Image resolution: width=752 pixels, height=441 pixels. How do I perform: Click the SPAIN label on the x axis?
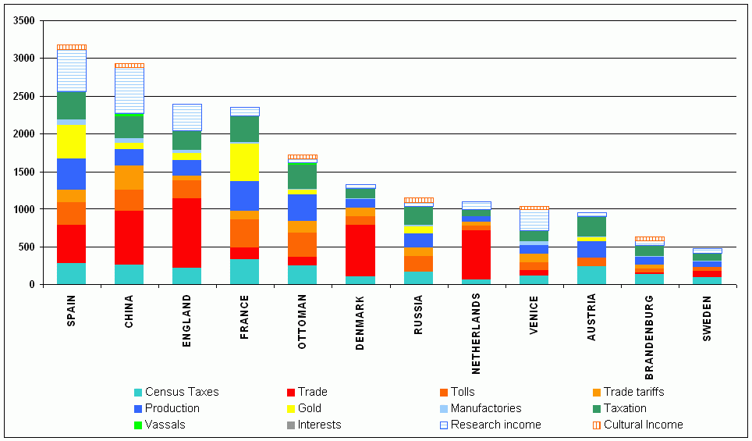pyautogui.click(x=72, y=311)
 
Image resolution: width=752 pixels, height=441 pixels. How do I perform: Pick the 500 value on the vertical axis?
pyautogui.click(x=30, y=247)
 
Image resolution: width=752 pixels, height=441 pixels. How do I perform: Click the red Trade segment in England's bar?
pyautogui.click(x=187, y=233)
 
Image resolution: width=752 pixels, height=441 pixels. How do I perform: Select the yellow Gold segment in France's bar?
pyautogui.click(x=245, y=162)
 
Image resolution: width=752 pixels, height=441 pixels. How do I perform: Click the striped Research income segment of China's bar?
pyautogui.click(x=129, y=91)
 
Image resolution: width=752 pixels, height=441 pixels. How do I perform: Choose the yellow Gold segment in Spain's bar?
pyautogui.click(x=72, y=141)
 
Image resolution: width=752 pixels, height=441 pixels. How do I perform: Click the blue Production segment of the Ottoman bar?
pyautogui.click(x=303, y=208)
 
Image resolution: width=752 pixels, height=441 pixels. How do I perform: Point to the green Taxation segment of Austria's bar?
pyautogui.click(x=591, y=226)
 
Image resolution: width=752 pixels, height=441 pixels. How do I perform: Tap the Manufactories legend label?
pyautogui.click(x=485, y=408)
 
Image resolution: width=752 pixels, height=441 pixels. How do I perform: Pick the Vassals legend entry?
pyautogui.click(x=165, y=425)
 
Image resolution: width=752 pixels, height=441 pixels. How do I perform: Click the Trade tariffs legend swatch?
pyautogui.click(x=597, y=392)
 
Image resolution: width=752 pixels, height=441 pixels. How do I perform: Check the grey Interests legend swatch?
pyautogui.click(x=292, y=425)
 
